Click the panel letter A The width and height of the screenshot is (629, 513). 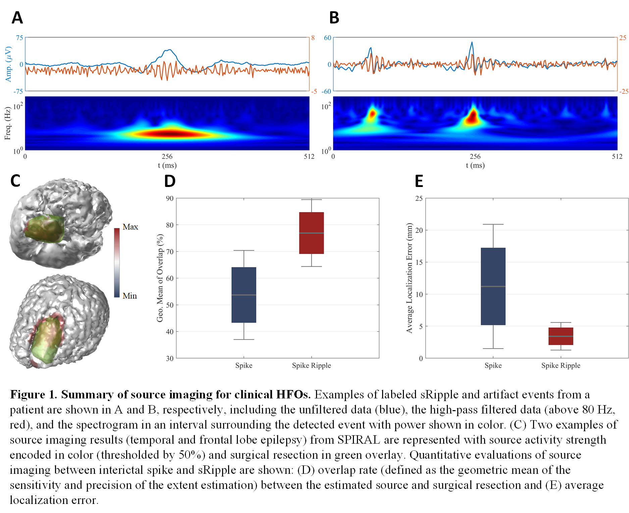(x=17, y=18)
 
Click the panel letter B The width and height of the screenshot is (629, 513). (x=334, y=18)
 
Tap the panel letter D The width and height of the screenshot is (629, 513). (x=170, y=181)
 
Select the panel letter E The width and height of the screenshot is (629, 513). (x=419, y=181)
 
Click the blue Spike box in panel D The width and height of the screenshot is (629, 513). (x=244, y=295)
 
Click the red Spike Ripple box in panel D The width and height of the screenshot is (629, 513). (x=311, y=233)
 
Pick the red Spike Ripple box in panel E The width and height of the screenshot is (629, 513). (x=561, y=336)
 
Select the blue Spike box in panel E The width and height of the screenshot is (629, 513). (x=493, y=286)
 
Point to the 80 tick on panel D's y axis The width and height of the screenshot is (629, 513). (x=170, y=225)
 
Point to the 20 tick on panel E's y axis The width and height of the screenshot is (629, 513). (x=419, y=230)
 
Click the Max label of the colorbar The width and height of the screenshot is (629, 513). (x=130, y=227)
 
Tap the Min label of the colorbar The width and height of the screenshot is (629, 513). (x=130, y=296)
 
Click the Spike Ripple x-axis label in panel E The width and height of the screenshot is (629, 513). (x=561, y=366)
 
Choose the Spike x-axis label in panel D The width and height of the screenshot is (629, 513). (x=244, y=366)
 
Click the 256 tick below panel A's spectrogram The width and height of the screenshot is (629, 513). (x=167, y=156)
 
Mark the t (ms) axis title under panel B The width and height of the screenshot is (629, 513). (x=475, y=165)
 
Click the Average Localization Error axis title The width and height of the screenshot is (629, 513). (x=409, y=278)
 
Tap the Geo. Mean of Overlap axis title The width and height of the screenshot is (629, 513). (x=160, y=278)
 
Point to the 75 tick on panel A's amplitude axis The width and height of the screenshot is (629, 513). (x=19, y=38)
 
